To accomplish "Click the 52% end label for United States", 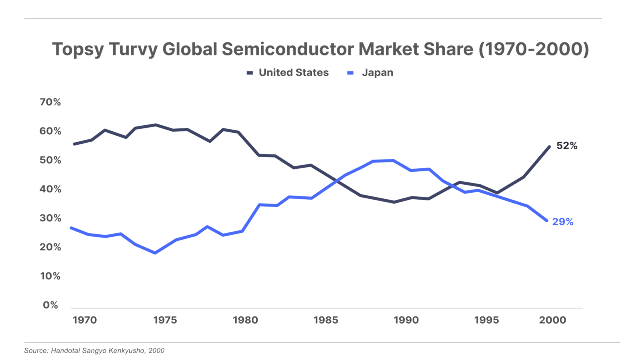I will [567, 146].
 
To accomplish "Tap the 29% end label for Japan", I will [563, 222].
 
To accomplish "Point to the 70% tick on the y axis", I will [50, 102].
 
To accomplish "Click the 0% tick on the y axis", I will [50, 305].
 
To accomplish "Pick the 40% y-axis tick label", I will [50, 189].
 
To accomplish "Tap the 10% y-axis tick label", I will [50, 276].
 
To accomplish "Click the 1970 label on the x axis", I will [84, 320].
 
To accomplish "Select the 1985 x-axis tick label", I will [326, 320].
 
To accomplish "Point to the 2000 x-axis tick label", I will [552, 320].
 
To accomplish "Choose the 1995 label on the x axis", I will [486, 320].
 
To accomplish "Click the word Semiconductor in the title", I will [288, 50].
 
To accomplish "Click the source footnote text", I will [94, 351].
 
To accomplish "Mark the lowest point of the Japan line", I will [155, 253].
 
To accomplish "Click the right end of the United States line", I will [549, 146].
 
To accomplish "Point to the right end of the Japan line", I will [547, 220].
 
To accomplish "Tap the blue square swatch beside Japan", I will [351, 73].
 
